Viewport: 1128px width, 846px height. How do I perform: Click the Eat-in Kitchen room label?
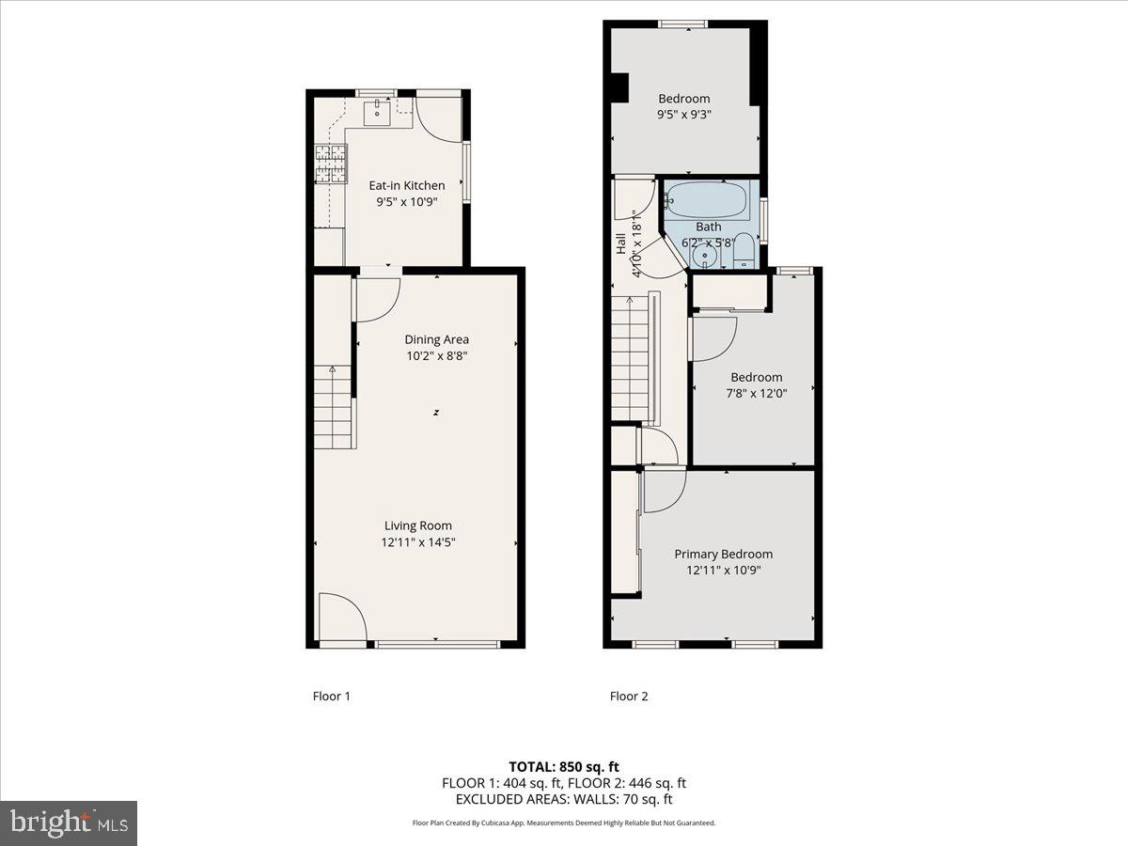405,185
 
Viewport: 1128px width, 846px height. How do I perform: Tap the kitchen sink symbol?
379,114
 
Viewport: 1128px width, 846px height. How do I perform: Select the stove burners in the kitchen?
331,164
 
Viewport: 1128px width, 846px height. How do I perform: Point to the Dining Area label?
436,339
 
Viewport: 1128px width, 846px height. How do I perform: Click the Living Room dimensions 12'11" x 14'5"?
417,542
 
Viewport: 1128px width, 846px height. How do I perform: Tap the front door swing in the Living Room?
340,618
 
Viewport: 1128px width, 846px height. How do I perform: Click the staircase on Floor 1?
333,407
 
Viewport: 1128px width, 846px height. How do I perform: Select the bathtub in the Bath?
706,199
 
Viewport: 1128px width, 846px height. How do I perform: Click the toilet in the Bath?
744,250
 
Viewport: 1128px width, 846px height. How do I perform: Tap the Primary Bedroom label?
723,554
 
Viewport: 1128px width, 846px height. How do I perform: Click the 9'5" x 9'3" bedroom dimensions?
683,115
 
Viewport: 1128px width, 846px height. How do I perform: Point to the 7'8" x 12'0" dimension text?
757,394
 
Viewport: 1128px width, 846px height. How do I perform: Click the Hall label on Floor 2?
620,243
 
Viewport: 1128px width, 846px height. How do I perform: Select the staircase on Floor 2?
632,357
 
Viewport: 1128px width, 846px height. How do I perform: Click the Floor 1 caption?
331,697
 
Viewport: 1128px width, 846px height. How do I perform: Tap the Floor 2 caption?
628,697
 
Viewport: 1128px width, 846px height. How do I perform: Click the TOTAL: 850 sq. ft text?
563,766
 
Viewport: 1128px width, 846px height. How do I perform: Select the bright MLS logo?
70,823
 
